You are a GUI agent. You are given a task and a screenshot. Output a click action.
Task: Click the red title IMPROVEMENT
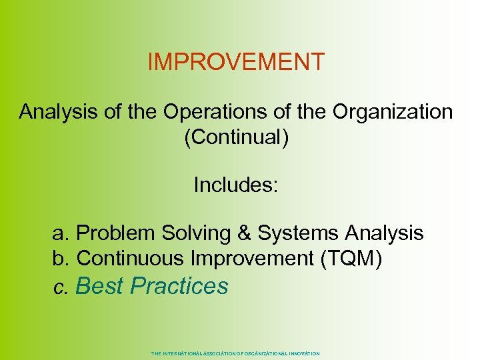(235, 62)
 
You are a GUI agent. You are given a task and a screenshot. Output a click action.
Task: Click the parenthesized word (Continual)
(236, 137)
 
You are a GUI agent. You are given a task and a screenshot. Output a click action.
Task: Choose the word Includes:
(236, 185)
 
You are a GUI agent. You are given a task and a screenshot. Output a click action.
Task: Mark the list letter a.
(61, 233)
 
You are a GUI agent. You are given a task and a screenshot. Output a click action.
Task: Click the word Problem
(114, 233)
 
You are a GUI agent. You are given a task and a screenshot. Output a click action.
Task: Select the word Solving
(191, 233)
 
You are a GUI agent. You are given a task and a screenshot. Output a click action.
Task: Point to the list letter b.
(61, 258)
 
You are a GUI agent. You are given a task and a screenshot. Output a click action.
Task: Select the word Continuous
(131, 258)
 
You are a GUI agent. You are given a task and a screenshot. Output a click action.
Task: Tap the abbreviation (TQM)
(351, 258)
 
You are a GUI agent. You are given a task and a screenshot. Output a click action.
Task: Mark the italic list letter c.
(61, 287)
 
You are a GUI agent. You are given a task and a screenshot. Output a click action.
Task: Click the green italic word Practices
(179, 286)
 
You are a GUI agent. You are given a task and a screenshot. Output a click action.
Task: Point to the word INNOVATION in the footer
(305, 353)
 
